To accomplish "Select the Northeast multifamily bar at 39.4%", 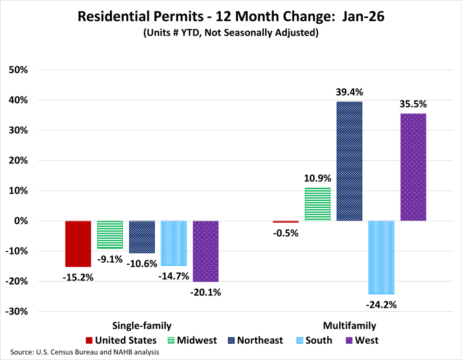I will click(349, 161).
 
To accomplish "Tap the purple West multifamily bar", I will click(413, 167).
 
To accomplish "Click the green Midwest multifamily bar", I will click(318, 204).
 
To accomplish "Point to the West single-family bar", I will click(206, 251).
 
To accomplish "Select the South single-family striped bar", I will click(174, 243).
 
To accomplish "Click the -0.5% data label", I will click(286, 233).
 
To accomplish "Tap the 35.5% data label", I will click(413, 104).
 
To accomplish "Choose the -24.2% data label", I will click(381, 305).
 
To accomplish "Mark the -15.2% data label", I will click(78, 277).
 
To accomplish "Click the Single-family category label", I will click(142, 325).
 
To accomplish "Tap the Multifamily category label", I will click(349, 325).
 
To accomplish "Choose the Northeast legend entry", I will click(255, 340).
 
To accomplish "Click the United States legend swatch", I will click(89, 340).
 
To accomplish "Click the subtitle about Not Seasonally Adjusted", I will click(231, 33).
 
